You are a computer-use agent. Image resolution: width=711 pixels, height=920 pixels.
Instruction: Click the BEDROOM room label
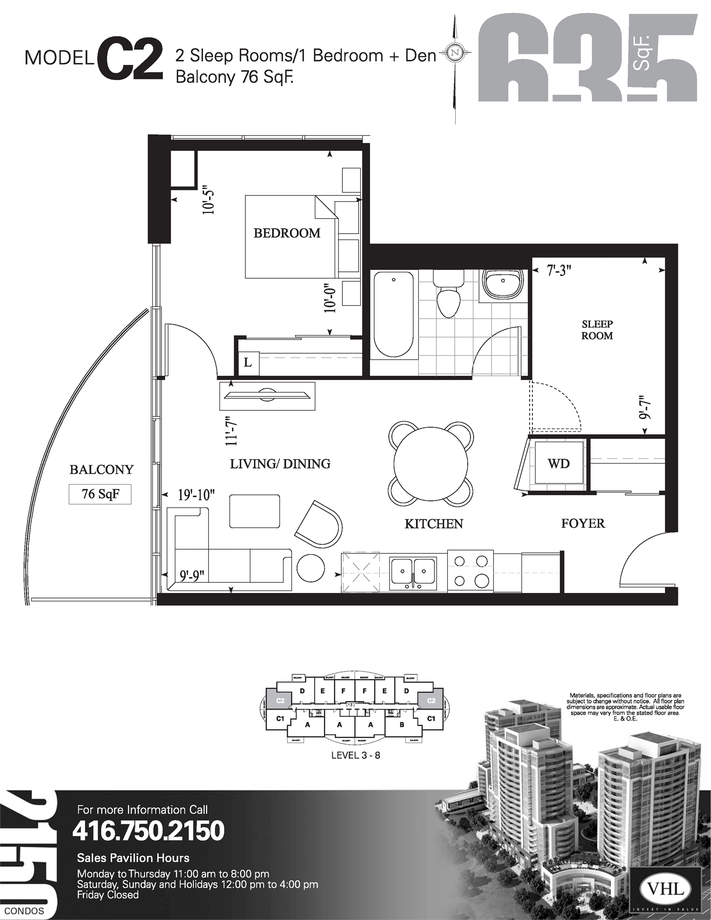coord(287,233)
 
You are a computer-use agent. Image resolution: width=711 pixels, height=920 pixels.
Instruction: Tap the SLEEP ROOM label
coord(597,330)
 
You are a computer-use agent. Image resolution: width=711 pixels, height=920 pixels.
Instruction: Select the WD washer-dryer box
coord(558,463)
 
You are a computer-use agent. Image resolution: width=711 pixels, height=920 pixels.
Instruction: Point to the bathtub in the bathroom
coord(393,314)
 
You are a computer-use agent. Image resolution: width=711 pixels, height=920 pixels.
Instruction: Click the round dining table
coord(431,463)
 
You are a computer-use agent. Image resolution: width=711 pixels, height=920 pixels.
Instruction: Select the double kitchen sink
coord(413,572)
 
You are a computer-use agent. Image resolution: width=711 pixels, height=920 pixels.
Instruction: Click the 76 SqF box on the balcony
coord(100,494)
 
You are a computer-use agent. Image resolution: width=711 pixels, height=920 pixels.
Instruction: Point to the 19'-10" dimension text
coord(197,495)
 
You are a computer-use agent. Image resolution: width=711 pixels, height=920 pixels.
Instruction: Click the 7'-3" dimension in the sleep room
coord(559,270)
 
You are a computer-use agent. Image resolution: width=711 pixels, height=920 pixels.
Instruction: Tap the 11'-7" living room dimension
coord(231,431)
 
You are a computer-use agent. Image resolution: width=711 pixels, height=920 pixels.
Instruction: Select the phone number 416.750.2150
coord(149,831)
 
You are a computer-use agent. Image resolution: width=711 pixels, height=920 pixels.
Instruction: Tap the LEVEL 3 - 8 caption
coord(355,755)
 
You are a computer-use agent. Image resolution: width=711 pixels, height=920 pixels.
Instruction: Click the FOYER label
coord(583,523)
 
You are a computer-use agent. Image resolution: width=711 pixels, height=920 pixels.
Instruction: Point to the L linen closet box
coord(248,362)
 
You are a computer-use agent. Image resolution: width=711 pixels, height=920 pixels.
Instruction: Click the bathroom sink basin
coord(503,281)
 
